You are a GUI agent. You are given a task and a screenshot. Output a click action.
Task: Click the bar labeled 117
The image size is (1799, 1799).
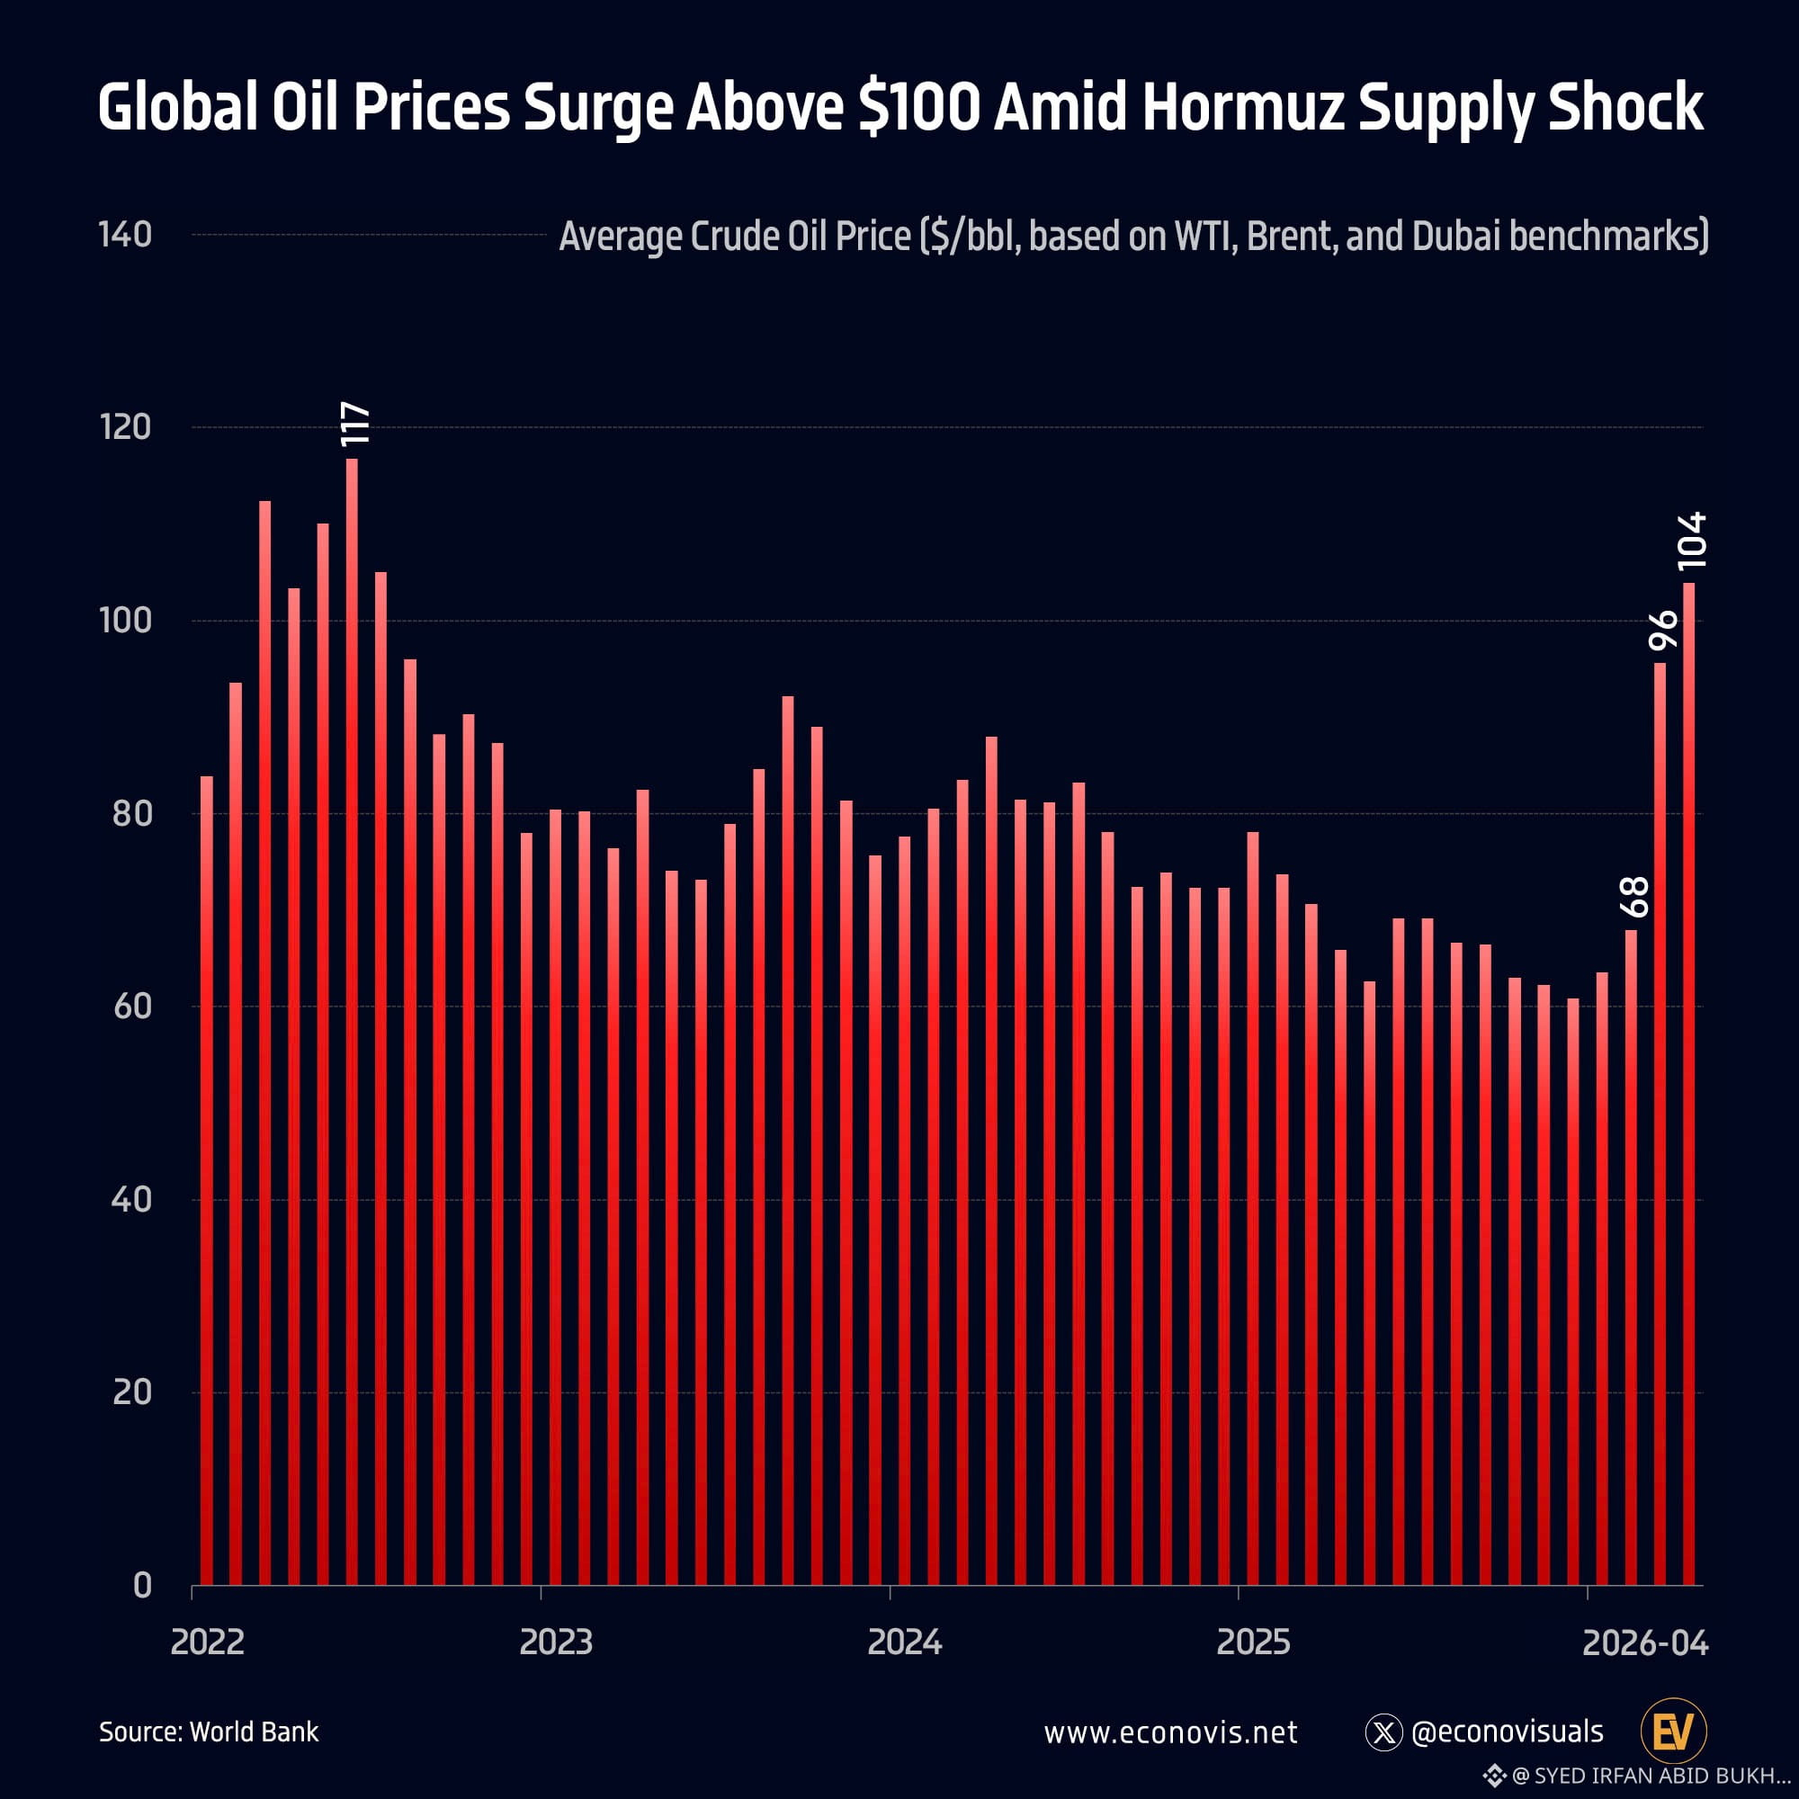pos(352,1022)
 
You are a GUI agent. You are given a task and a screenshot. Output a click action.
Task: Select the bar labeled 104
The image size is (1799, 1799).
pos(1688,1084)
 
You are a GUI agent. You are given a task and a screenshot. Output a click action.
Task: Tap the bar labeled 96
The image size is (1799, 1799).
pos(1660,1123)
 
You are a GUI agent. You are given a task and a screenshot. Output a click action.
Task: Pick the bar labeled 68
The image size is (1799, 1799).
pos(1631,1258)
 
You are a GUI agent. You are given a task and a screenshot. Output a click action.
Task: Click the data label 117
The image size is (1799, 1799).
pos(355,425)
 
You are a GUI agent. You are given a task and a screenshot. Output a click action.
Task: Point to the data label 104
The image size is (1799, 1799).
pos(1691,541)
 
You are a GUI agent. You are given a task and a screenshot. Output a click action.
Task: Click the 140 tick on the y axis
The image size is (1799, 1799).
pos(125,235)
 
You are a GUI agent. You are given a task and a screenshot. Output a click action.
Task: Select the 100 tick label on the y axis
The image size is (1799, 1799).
pos(125,620)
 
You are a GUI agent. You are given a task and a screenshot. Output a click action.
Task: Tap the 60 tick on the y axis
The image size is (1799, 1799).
pos(132,1007)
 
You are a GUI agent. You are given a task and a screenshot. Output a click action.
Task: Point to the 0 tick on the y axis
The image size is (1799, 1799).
pos(141,1585)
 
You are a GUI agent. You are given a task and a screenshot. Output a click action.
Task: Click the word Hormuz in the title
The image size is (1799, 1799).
pos(1243,107)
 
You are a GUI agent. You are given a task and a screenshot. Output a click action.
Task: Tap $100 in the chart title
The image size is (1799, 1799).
pos(919,108)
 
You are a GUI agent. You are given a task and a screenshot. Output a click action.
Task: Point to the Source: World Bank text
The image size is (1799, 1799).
pos(209,1732)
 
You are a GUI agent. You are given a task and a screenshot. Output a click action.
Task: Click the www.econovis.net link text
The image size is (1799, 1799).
pos(1170,1733)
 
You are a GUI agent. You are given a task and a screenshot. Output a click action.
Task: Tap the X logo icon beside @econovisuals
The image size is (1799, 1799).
pos(1383,1732)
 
